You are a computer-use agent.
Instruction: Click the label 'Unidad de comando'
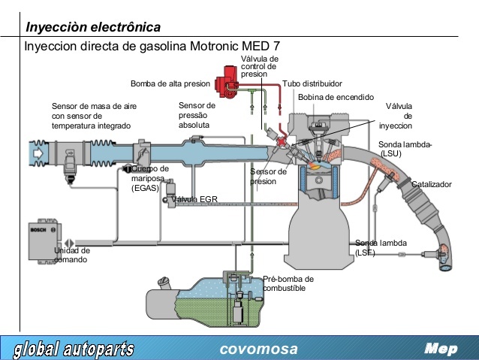pos(71,255)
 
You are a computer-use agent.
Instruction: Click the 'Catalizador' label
pos(431,184)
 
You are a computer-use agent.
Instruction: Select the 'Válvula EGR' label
pos(194,200)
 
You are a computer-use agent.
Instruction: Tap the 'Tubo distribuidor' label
pos(312,83)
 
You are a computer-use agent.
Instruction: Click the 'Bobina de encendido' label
pos(336,98)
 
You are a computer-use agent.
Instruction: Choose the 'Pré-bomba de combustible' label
pos(288,283)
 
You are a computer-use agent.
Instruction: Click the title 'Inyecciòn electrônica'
pos(93,28)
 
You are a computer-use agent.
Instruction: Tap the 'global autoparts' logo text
pos(74,349)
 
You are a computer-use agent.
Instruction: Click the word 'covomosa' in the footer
pos(258,349)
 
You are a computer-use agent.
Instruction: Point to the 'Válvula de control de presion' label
pos(259,67)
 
